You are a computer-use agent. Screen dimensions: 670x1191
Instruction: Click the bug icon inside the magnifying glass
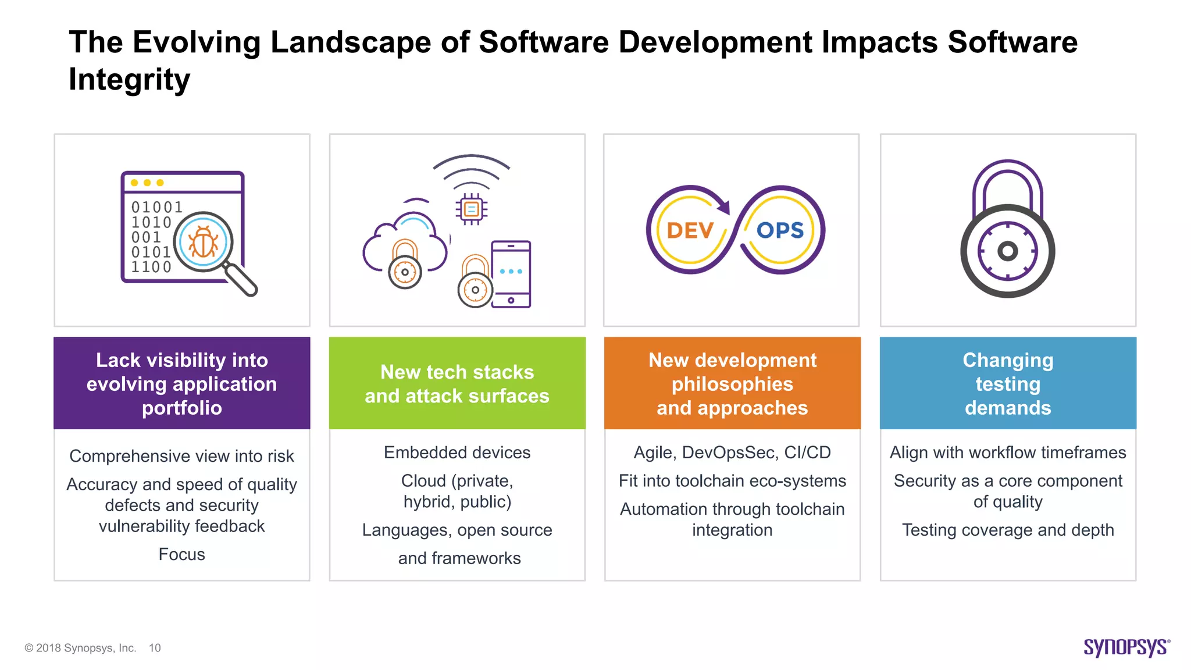click(x=203, y=241)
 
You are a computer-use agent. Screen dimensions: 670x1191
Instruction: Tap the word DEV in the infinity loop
click(x=690, y=231)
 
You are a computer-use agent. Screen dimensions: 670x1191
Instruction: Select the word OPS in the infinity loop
click(x=780, y=230)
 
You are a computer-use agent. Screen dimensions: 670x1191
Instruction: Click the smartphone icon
click(x=511, y=274)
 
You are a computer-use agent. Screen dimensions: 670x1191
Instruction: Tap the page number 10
click(x=155, y=648)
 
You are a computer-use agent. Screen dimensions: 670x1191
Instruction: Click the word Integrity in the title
click(x=129, y=79)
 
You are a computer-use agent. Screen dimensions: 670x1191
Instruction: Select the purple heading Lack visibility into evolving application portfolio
click(x=182, y=383)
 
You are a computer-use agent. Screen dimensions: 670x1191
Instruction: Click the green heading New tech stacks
click(x=457, y=383)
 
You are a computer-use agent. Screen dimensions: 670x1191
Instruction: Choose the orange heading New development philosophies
click(x=732, y=383)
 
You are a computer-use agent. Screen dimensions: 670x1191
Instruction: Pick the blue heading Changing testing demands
click(x=1008, y=383)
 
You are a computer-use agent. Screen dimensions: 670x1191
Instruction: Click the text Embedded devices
click(x=457, y=452)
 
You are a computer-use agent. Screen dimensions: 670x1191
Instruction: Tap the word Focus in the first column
click(x=181, y=554)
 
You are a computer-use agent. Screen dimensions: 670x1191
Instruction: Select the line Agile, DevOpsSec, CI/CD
click(x=732, y=452)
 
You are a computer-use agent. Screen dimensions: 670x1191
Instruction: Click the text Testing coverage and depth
click(x=1008, y=530)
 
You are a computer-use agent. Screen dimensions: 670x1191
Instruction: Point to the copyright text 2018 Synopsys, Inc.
click(x=85, y=648)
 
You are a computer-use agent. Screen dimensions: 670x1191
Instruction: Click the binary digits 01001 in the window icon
click(x=156, y=207)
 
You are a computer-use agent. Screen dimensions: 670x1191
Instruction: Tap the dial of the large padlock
click(x=1007, y=251)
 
